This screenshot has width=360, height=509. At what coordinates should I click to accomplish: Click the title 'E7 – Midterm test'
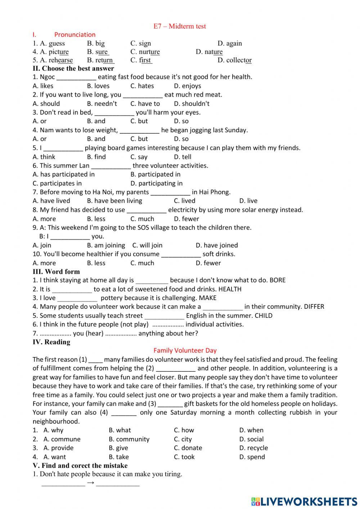[x=180, y=26]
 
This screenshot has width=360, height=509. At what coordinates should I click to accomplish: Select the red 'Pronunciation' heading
[x=75, y=35]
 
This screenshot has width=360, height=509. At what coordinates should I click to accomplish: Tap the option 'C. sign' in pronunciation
[x=140, y=43]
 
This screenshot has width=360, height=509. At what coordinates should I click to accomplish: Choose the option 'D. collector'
[x=234, y=60]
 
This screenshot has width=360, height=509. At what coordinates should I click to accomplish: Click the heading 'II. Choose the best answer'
[x=73, y=68]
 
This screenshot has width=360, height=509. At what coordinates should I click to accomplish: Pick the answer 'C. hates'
[x=142, y=86]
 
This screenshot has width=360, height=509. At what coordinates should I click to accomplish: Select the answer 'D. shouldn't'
[x=192, y=103]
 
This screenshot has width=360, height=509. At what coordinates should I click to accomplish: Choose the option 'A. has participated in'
[x=63, y=174]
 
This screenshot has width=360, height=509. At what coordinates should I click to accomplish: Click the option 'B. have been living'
[x=114, y=201]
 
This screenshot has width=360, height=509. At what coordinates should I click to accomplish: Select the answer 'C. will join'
[x=147, y=245]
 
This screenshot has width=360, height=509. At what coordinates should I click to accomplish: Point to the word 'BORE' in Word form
[x=277, y=280]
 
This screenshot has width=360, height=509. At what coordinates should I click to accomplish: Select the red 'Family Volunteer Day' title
[x=185, y=350]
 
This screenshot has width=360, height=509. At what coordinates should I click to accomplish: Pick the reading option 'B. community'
[x=129, y=439]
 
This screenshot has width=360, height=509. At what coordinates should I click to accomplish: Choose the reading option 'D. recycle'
[x=253, y=448]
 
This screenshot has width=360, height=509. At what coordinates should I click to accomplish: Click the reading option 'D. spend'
[x=252, y=457]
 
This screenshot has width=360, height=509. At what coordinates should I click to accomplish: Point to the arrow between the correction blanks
[x=91, y=483]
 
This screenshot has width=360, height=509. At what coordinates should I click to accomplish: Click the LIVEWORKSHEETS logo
[x=304, y=501]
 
